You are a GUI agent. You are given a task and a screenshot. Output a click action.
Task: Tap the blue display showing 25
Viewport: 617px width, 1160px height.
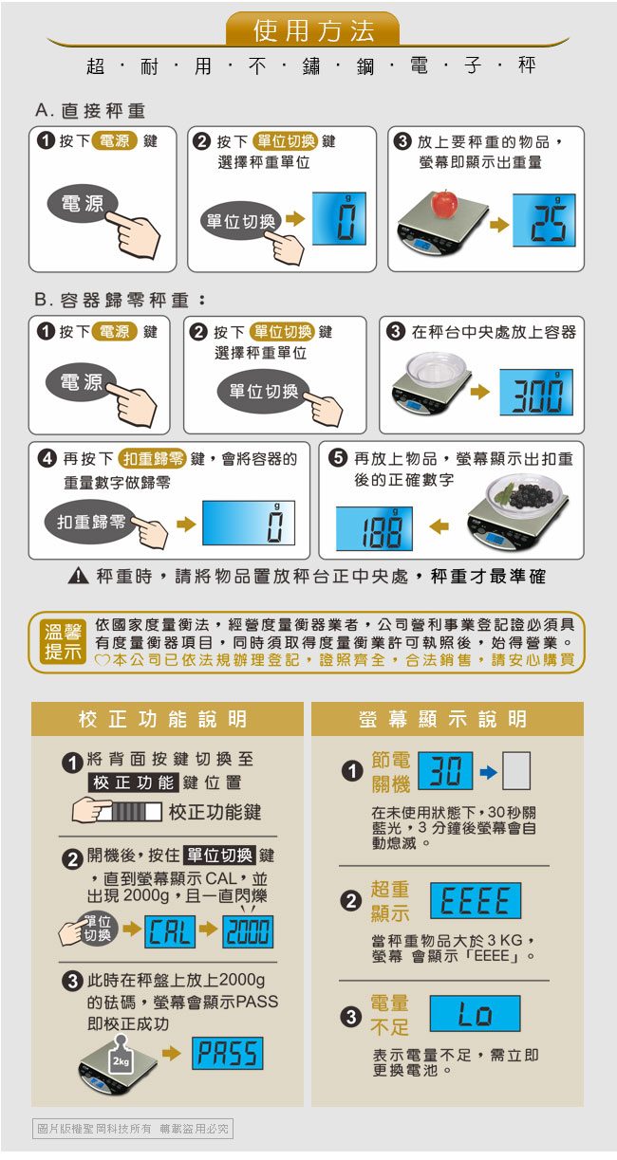544,220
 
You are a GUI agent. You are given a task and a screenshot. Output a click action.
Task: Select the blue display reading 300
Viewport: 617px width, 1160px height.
536,392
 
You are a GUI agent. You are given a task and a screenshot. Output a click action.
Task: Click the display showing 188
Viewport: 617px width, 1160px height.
374,528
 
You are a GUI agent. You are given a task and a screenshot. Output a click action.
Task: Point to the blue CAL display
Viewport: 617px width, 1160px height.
170,931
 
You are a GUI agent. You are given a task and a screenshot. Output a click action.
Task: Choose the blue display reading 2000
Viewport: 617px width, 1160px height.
248,931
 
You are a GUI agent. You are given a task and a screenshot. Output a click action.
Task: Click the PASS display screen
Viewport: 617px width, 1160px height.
228,1053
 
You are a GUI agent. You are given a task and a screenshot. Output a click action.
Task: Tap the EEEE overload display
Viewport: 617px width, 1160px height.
476,900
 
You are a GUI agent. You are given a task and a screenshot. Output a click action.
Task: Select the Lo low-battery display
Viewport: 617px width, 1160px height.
475,1013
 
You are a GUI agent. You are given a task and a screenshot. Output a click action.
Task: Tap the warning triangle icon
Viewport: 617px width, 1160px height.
78,576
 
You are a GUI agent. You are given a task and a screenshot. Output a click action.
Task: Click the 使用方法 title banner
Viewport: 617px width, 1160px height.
313,29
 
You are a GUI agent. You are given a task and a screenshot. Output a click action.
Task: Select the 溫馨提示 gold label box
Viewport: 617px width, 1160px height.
63,642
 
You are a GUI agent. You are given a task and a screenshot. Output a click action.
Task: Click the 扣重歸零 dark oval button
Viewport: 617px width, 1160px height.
91,522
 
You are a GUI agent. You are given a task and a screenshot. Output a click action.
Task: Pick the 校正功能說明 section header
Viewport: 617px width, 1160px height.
167,719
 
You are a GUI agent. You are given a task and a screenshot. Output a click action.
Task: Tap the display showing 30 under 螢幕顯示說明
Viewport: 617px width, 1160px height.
445,770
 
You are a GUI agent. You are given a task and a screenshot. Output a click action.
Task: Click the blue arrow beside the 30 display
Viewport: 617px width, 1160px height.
488,773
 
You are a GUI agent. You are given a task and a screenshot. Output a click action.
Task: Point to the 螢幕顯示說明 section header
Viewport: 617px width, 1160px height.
447,719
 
